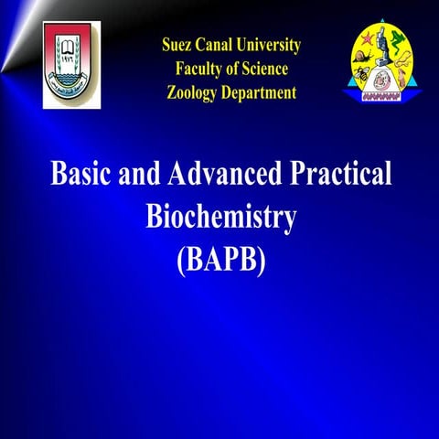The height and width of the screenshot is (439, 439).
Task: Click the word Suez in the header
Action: pyautogui.click(x=178, y=45)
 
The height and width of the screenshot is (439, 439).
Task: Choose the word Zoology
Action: pyautogui.click(x=196, y=92)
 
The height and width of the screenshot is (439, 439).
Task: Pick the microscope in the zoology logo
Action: pyautogui.click(x=384, y=60)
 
